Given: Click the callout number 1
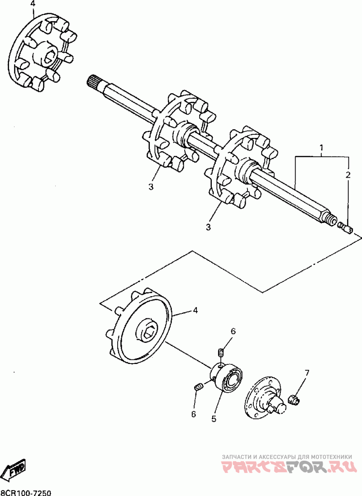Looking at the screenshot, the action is (x=321, y=148).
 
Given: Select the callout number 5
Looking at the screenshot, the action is (x=214, y=419).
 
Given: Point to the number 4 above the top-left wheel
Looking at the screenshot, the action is (x=32, y=4).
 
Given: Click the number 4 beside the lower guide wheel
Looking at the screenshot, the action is (x=195, y=310).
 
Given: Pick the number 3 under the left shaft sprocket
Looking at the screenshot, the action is (x=151, y=186).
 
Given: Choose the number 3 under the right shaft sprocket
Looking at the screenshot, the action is (x=208, y=227).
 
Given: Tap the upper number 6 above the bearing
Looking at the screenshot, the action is (x=233, y=331).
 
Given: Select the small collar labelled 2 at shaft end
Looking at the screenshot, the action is (x=348, y=229).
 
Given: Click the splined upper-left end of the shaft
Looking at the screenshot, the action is (x=93, y=83).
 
